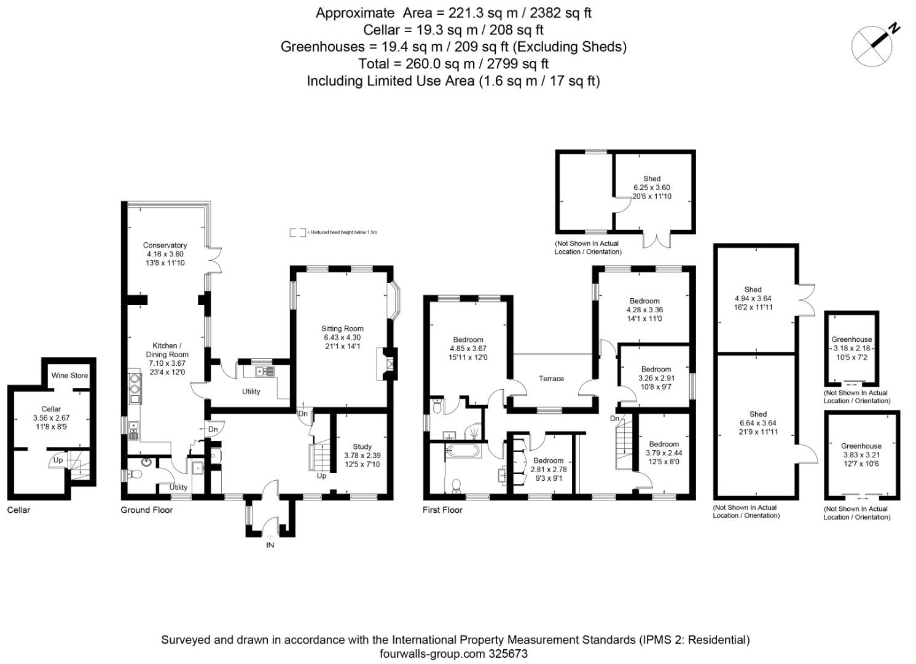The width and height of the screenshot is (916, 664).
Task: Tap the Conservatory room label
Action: [165, 245]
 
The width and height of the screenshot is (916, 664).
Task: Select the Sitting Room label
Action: [342, 328]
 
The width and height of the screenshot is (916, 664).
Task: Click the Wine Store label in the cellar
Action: [69, 376]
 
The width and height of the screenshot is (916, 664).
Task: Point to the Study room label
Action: [362, 447]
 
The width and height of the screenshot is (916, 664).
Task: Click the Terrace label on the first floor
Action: [551, 379]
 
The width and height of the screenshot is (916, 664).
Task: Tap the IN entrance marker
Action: [270, 545]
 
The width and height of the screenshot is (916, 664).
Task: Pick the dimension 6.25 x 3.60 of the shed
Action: [652, 188]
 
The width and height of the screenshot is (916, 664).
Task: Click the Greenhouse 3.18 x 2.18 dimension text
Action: [851, 348]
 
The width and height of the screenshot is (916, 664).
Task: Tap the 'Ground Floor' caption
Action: [147, 510]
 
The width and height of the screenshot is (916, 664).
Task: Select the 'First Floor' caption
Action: [442, 510]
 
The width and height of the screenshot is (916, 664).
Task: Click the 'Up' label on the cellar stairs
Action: [58, 460]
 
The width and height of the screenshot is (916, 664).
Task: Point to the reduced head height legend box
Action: [298, 232]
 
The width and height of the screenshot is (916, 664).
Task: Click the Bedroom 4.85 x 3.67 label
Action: [468, 339]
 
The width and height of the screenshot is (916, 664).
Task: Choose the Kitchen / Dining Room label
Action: [167, 350]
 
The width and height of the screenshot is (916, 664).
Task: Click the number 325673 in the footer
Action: [507, 654]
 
